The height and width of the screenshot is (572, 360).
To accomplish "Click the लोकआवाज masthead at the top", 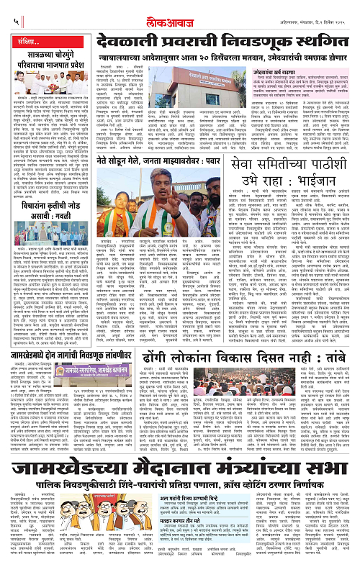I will pos(180,11).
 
